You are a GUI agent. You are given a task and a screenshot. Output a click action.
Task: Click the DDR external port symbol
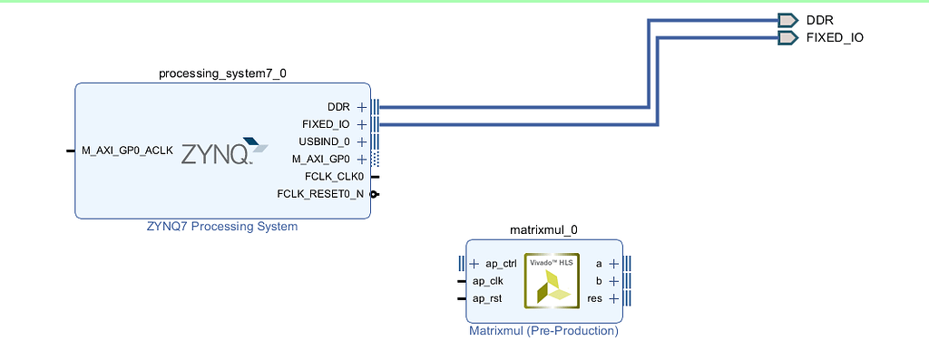click(787, 20)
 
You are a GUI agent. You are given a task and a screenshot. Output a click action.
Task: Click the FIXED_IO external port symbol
click(787, 38)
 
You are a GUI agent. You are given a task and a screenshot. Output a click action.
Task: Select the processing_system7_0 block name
click(222, 73)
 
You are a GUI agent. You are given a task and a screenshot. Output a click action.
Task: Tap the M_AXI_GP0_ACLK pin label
click(127, 151)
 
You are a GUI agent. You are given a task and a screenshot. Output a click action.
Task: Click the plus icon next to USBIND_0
click(362, 142)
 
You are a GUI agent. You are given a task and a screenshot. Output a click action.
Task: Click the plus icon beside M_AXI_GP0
click(362, 160)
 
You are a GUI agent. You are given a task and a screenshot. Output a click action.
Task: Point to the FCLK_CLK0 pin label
click(334, 177)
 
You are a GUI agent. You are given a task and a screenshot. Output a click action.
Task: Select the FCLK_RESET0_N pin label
click(320, 194)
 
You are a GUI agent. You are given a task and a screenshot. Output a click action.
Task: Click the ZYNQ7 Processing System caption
click(222, 227)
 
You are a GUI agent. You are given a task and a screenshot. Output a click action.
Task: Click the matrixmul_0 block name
click(544, 230)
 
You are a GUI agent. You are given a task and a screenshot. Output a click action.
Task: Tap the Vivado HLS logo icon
click(552, 280)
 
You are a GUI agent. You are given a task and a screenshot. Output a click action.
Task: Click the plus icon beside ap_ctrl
click(474, 264)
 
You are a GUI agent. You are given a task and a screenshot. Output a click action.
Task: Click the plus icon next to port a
click(613, 264)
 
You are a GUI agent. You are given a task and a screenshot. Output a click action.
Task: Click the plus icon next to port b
click(613, 281)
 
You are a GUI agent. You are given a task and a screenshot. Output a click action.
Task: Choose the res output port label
click(595, 298)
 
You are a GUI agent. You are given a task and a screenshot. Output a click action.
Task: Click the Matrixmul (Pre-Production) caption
click(543, 331)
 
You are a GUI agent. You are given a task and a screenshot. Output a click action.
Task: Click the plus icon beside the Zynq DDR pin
click(362, 107)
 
